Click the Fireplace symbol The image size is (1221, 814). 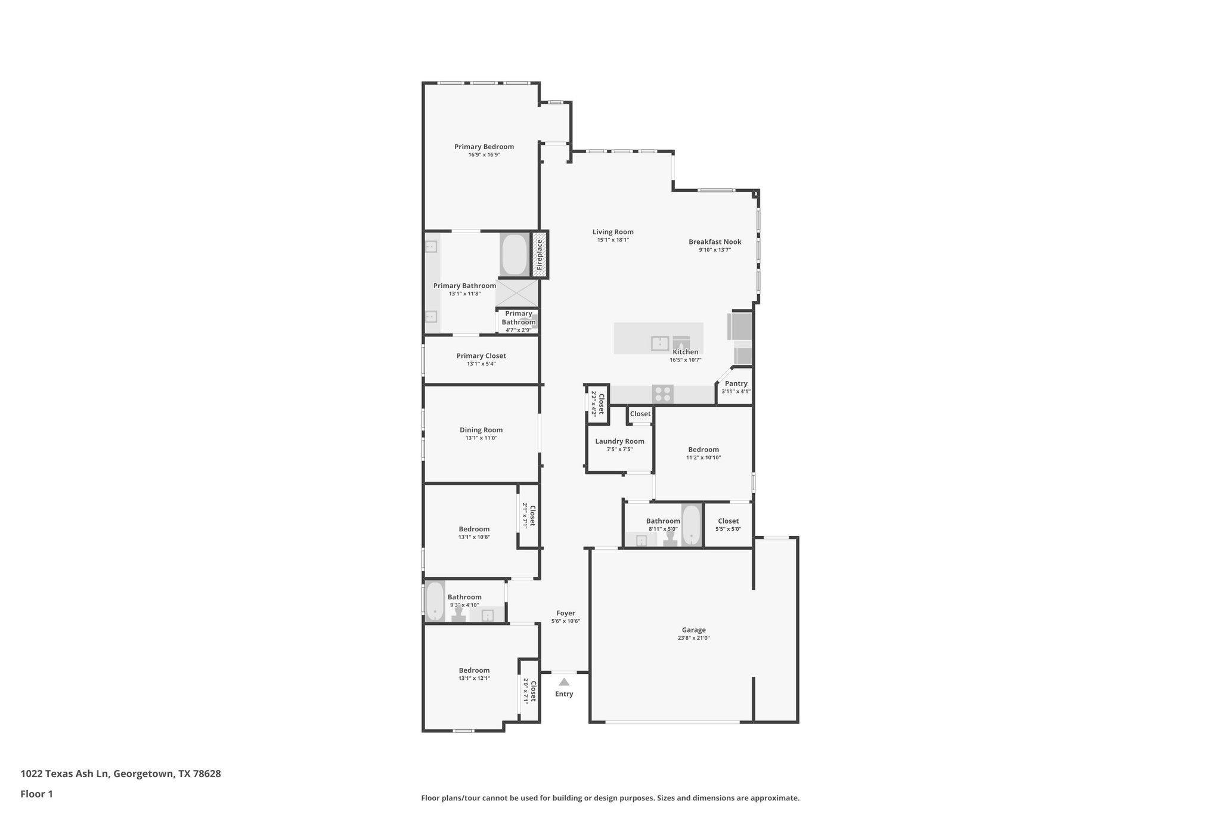540,255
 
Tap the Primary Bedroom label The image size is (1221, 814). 484,147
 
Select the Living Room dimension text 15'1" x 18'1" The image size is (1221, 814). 613,240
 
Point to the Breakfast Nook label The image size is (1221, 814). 715,242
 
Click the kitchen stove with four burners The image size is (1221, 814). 662,394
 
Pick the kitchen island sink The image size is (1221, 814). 660,343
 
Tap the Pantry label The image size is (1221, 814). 736,383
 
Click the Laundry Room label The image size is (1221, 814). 619,441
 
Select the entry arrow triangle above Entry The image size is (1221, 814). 564,682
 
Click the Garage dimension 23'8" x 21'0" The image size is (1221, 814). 693,638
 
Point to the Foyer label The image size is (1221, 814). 565,613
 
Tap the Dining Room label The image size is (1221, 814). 481,430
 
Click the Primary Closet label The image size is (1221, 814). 481,356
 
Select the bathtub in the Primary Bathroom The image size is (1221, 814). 514,255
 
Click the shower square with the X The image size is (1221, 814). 516,293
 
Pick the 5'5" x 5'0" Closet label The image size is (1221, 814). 728,521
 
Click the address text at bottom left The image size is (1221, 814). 120,774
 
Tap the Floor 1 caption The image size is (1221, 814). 36,794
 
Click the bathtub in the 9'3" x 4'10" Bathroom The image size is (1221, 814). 435,601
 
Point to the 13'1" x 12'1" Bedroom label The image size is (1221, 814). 474,670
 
